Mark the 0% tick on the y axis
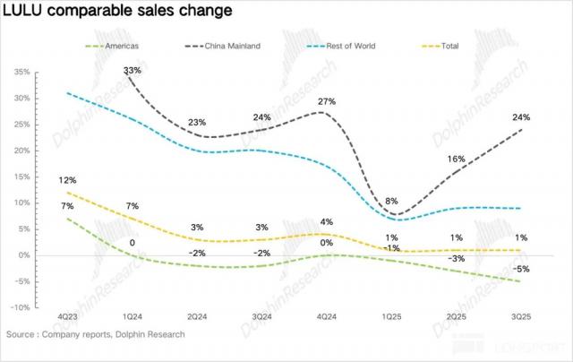point(24,255)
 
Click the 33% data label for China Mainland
point(133,70)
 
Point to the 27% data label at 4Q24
point(327,102)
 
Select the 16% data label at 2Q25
point(457,159)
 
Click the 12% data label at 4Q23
point(66,179)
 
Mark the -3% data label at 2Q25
point(457,258)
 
